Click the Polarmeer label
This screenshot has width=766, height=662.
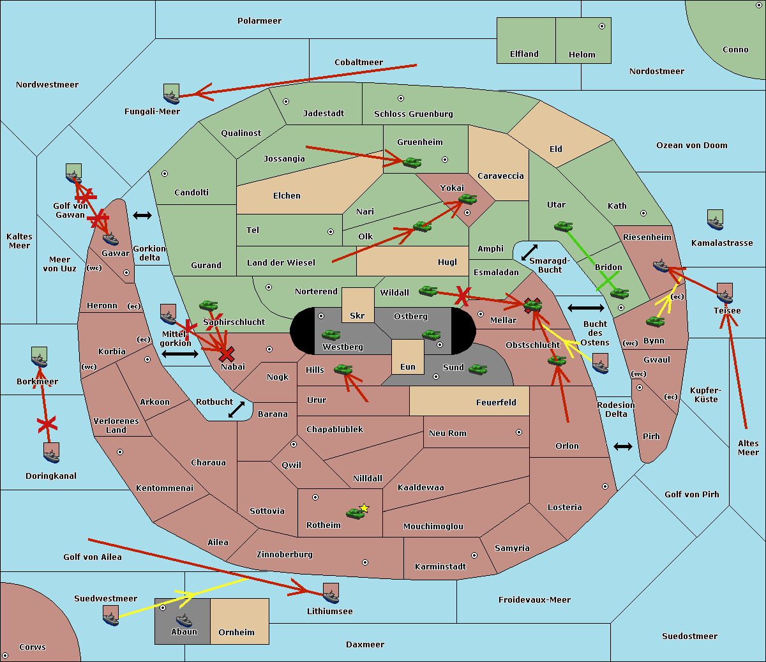(x=259, y=21)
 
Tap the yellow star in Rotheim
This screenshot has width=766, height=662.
(x=364, y=508)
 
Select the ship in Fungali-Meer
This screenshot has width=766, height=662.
(x=171, y=94)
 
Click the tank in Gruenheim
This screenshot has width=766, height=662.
(x=412, y=162)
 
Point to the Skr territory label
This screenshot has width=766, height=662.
(x=357, y=315)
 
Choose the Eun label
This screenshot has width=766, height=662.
(x=408, y=366)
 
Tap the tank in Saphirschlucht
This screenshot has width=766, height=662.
(x=208, y=305)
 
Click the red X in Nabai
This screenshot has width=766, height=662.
(x=227, y=354)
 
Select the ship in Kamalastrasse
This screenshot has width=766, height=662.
(x=715, y=220)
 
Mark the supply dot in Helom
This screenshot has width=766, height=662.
(x=602, y=26)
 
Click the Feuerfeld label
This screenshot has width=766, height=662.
(x=496, y=402)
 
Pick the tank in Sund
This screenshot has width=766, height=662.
(x=477, y=369)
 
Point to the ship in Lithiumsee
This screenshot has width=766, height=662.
(x=331, y=594)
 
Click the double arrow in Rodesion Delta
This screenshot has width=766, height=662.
(x=623, y=446)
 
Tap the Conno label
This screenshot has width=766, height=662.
(x=735, y=50)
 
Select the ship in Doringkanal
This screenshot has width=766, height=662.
(x=52, y=453)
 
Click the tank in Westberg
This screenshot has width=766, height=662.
(x=331, y=335)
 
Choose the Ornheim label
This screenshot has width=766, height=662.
(x=236, y=632)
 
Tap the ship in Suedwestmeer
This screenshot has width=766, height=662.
(x=111, y=615)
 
